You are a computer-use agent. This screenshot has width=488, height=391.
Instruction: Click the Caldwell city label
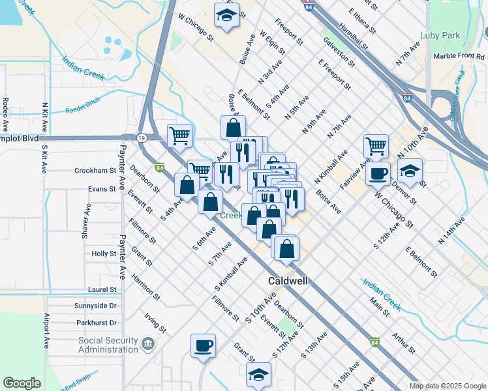[x=288, y=282]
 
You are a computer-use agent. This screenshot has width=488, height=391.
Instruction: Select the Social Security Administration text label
[x=108, y=345]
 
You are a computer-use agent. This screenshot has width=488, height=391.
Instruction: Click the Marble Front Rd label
[x=459, y=56]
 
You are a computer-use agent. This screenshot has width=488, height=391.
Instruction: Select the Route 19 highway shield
[x=142, y=138]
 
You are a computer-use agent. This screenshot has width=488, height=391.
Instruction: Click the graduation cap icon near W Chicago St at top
[x=226, y=15]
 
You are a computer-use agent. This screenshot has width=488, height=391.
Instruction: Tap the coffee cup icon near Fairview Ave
[x=378, y=172]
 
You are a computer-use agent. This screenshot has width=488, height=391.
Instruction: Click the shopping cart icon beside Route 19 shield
[x=179, y=135]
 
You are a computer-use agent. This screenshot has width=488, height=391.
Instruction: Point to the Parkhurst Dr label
[x=96, y=323]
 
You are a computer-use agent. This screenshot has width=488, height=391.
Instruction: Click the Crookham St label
[x=95, y=170]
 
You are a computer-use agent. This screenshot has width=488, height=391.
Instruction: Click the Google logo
[x=22, y=383]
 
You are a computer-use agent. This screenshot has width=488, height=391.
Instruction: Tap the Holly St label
[x=104, y=253]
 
